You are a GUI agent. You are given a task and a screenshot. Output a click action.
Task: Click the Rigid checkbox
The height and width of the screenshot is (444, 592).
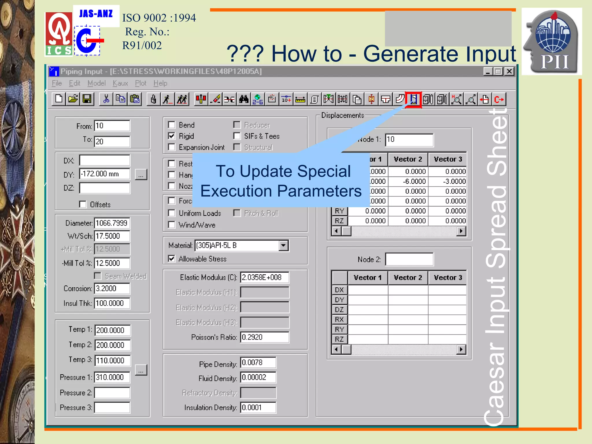[x=172, y=136]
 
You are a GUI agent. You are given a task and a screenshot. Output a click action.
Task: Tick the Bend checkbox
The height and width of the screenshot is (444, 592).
[x=172, y=125]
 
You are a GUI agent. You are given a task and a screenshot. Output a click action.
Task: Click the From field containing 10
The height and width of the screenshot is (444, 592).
[x=112, y=126]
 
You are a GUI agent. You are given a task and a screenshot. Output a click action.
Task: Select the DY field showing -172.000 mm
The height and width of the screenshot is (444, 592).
[x=105, y=174]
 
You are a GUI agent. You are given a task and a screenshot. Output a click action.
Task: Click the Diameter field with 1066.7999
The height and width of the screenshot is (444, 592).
[x=112, y=223]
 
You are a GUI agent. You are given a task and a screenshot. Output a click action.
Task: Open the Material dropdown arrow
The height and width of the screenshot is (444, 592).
[x=284, y=246]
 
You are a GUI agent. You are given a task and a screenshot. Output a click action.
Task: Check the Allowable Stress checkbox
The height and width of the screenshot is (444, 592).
[x=172, y=259]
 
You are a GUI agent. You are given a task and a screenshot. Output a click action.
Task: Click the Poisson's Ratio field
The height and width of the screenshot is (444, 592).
[x=264, y=337]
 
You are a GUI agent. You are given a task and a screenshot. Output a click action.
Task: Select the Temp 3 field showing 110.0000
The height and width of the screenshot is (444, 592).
[x=112, y=360]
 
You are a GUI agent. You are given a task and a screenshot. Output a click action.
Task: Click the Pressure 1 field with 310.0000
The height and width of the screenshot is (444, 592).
[x=112, y=377]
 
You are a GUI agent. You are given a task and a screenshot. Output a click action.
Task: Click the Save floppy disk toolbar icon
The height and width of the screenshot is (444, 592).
[x=87, y=99]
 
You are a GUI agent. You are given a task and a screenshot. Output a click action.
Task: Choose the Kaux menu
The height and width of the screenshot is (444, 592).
[x=120, y=83]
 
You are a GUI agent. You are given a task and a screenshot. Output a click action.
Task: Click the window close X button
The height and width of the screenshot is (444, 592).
[x=509, y=71]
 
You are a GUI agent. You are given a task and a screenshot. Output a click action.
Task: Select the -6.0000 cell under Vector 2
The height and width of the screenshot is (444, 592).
[x=408, y=182]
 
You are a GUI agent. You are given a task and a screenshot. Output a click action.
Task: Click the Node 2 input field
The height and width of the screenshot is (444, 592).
[x=409, y=259]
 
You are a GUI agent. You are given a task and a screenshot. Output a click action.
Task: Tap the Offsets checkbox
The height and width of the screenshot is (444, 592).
[x=83, y=204]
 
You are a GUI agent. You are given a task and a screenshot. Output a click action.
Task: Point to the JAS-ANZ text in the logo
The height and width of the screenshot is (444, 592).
[x=96, y=14]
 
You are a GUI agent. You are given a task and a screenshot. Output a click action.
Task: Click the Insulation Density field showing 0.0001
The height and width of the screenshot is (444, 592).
[x=258, y=408]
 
